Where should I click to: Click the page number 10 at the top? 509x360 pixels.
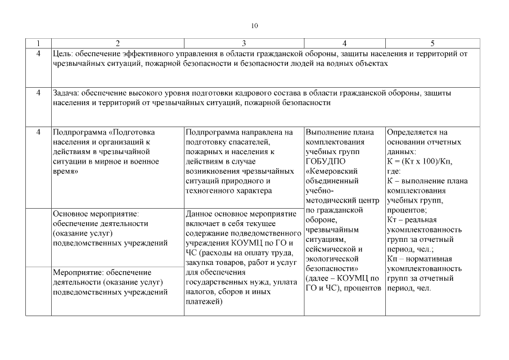(255, 26)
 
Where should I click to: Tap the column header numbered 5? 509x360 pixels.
(433, 43)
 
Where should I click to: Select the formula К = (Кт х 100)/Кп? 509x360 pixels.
(420, 161)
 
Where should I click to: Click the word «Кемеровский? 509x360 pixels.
(332, 171)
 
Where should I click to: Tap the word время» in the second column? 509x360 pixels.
(65, 171)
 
